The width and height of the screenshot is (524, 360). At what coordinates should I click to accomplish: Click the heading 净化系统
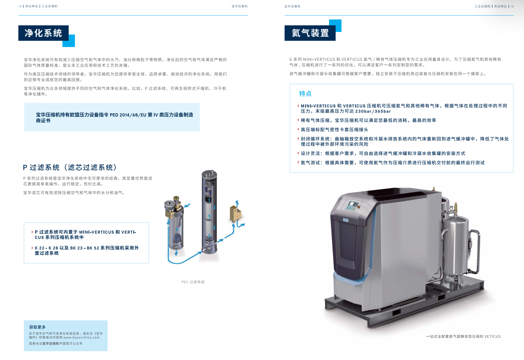tap(43, 33)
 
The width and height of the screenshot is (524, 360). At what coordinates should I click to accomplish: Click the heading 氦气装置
tap(310, 33)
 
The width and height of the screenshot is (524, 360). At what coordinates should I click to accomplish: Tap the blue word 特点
tap(305, 94)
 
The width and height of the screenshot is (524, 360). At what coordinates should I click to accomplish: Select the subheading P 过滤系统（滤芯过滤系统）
tap(70, 168)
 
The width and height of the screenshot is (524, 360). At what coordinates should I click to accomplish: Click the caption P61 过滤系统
tap(193, 282)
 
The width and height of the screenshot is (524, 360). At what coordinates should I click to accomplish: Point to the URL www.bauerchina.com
tap(81, 338)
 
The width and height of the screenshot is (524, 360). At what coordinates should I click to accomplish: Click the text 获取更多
tap(37, 327)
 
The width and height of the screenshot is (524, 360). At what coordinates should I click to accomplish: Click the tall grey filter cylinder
tap(209, 212)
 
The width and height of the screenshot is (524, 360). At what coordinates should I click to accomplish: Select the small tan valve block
tap(235, 213)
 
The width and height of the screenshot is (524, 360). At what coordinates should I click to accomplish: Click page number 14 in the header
tap(20, 6)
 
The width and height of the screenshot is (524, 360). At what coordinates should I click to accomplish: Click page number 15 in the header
tap(512, 6)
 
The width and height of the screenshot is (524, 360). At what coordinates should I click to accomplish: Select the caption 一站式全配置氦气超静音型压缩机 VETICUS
tap(463, 336)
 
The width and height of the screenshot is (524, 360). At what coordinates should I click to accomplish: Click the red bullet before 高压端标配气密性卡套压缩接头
tap(298, 129)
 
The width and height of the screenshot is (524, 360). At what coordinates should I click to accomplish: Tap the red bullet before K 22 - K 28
tap(32, 248)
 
